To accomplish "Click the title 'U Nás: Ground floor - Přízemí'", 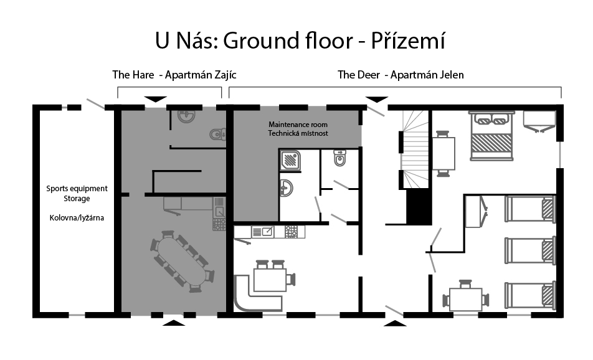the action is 300,41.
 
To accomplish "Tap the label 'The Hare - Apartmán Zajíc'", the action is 174,75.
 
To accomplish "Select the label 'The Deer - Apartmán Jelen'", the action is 401,75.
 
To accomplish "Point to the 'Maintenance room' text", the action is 298,125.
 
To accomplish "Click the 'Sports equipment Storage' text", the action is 77,193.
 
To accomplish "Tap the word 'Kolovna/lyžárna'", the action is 77,218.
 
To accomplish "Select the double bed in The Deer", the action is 491,135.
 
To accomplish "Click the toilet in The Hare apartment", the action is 218,134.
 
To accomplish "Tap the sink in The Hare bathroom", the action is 186,116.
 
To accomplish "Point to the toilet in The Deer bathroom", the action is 340,158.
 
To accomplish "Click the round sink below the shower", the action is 287,188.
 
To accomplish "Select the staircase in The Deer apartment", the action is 415,149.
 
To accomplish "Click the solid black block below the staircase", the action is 419,207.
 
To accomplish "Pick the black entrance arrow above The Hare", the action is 156,100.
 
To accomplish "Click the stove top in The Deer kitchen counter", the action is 291,232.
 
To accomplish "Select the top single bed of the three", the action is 530,209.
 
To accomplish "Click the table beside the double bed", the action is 444,153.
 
